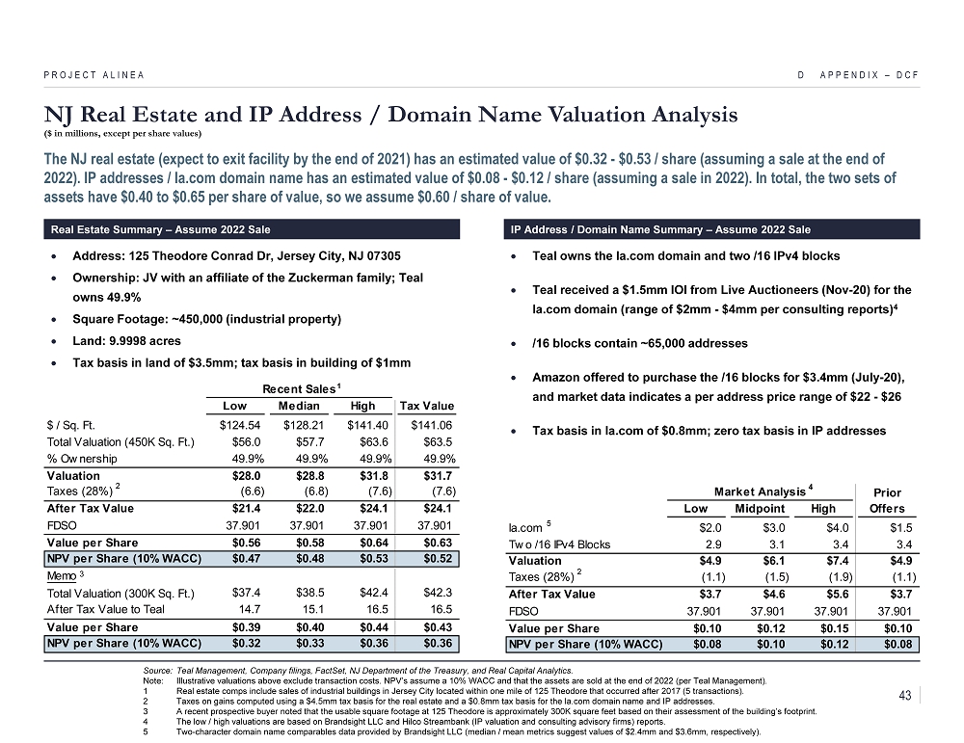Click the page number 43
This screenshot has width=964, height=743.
point(904,695)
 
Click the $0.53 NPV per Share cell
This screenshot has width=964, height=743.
point(371,558)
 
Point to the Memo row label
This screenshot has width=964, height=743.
point(63,575)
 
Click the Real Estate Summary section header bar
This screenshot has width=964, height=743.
point(250,229)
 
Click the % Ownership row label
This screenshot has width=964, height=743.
point(82,458)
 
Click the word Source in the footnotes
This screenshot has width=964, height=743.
point(155,670)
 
